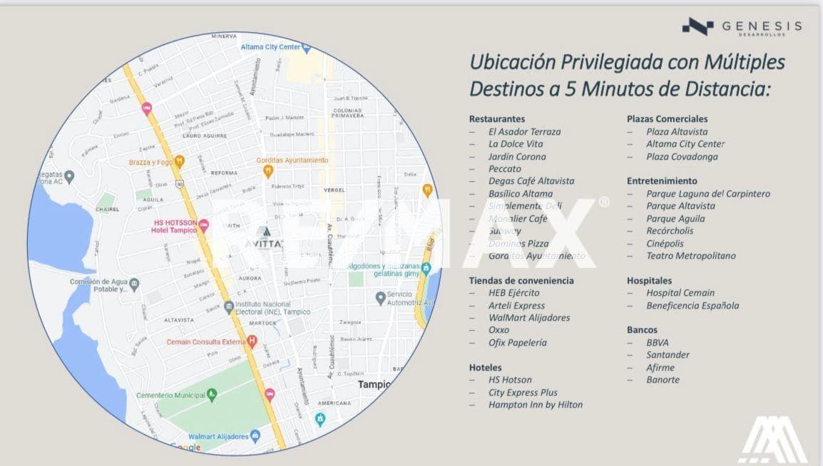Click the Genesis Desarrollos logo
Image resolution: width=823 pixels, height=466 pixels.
(x=742, y=27)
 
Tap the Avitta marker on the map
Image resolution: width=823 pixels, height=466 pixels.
(x=264, y=238)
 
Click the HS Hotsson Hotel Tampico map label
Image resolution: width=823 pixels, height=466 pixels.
(x=178, y=227)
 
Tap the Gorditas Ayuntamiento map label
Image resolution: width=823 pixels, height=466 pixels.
(x=292, y=161)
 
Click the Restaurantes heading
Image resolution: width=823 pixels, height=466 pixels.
(x=496, y=119)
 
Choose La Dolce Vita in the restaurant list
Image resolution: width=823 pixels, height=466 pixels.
(x=516, y=144)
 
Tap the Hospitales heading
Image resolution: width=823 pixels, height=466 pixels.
(x=649, y=281)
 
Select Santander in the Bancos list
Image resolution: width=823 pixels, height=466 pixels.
(x=668, y=355)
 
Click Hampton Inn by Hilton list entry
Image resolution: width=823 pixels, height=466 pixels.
(x=535, y=405)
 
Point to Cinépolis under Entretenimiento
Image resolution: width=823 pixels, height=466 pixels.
(x=665, y=243)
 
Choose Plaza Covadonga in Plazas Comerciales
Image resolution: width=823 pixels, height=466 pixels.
(x=682, y=157)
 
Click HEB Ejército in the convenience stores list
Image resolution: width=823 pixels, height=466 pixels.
(x=513, y=293)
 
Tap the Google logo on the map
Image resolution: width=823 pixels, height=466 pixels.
(x=185, y=447)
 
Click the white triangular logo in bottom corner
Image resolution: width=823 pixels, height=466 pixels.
(x=772, y=438)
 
